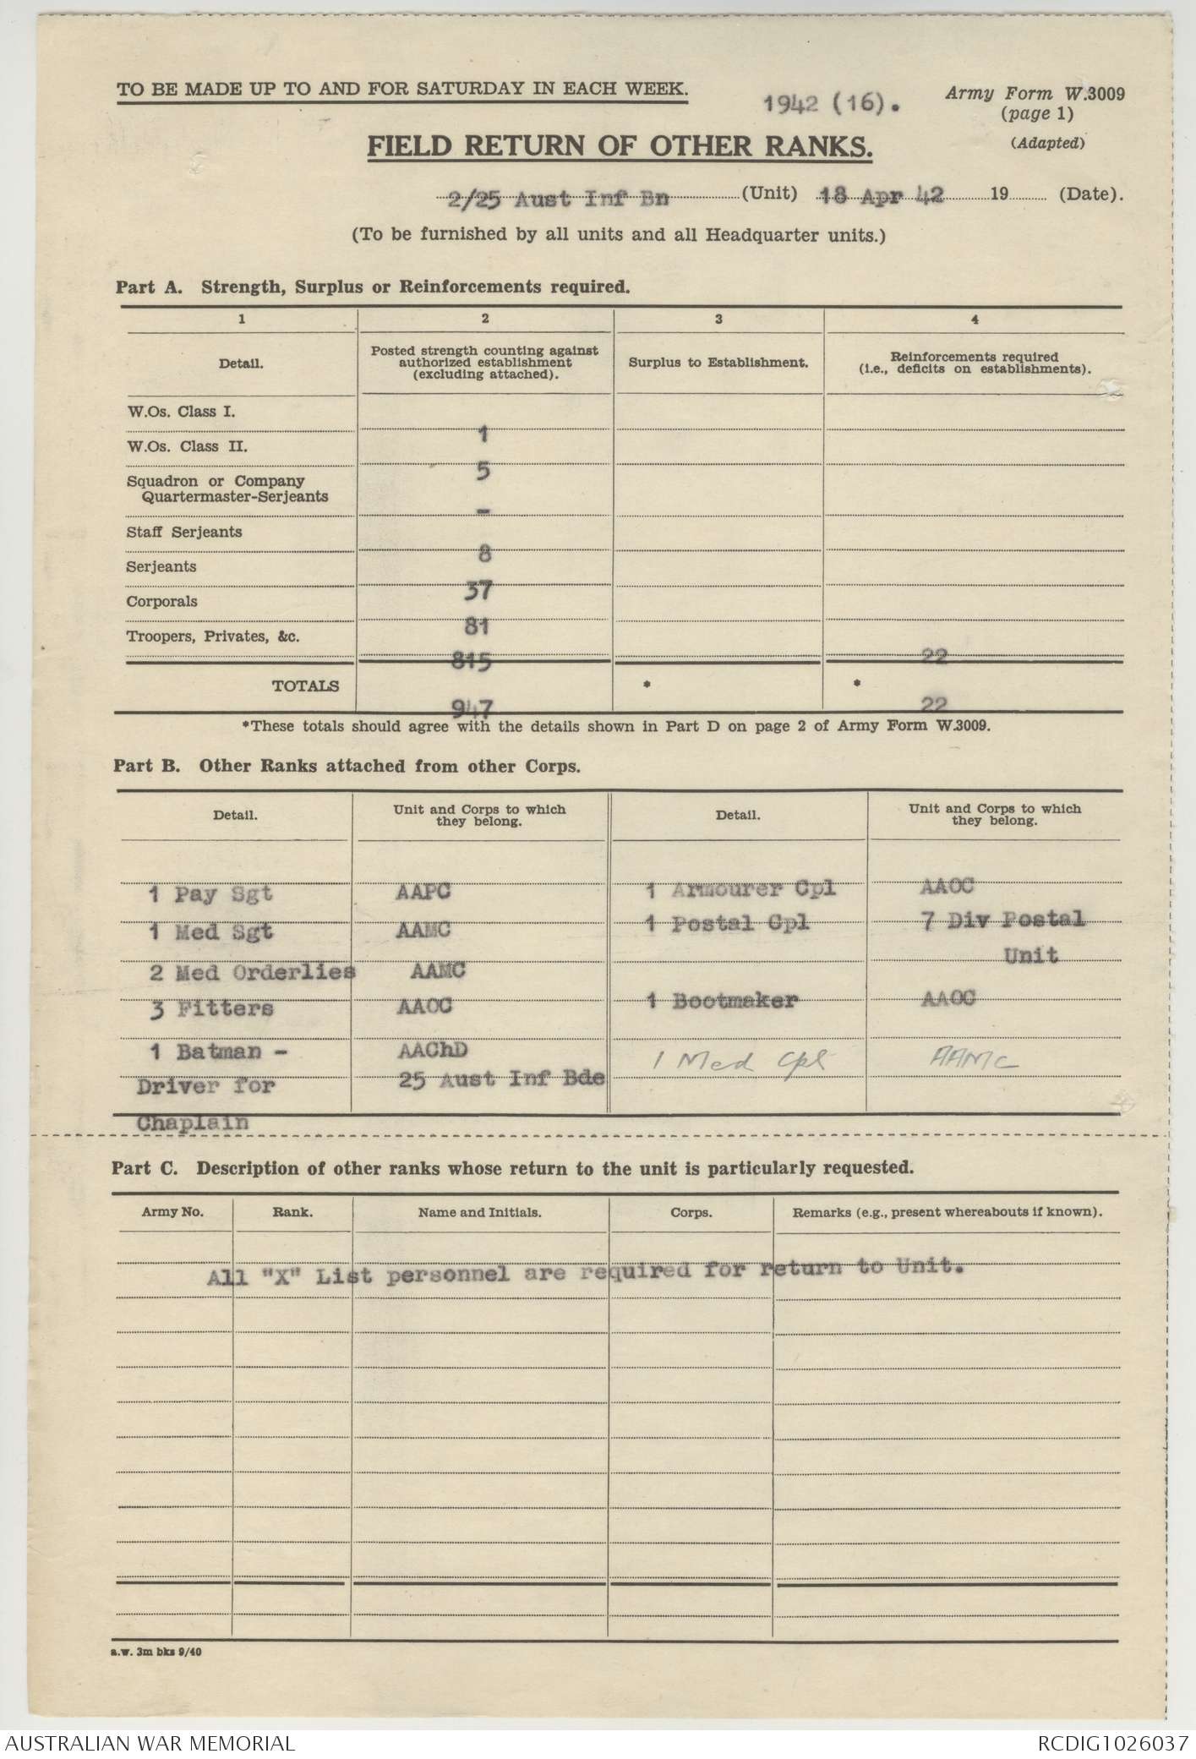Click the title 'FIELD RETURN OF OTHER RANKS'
(x=619, y=147)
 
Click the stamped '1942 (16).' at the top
(x=832, y=104)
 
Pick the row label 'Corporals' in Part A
(x=161, y=602)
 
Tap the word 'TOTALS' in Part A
(x=305, y=686)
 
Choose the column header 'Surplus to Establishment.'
(x=718, y=363)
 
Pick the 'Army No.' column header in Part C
(x=172, y=1212)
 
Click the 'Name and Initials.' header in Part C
(x=479, y=1212)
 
